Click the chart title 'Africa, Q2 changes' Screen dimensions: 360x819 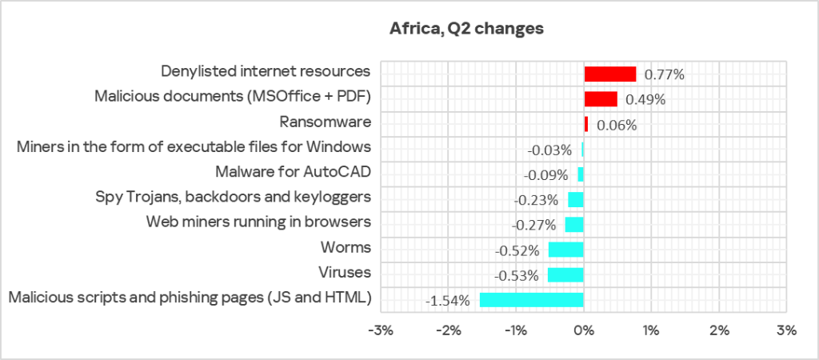tap(466, 30)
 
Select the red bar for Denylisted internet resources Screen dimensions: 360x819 tap(609, 74)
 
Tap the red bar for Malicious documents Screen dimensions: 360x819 tap(600, 99)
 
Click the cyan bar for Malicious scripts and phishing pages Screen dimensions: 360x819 tap(531, 300)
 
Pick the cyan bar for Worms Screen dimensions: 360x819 tap(565, 250)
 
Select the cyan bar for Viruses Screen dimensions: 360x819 tap(565, 274)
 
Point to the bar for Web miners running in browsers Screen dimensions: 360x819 tap(574, 225)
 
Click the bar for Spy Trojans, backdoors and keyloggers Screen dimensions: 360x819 tap(576, 199)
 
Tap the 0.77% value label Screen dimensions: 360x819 tap(665, 75)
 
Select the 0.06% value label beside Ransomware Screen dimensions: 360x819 tap(616, 126)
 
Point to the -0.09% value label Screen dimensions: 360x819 tap(545, 175)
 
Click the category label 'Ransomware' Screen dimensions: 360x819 tap(326, 122)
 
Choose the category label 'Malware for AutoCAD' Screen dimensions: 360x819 tap(294, 172)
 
